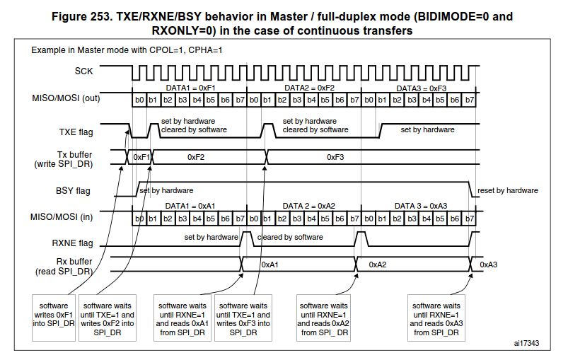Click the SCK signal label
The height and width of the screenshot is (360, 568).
83,71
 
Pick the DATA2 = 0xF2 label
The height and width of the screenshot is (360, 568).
309,87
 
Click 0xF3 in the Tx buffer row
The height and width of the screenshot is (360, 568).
335,157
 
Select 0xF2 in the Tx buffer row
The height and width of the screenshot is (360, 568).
196,157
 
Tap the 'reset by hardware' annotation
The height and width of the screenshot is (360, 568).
508,190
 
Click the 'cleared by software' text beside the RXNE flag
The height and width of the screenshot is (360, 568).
290,237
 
